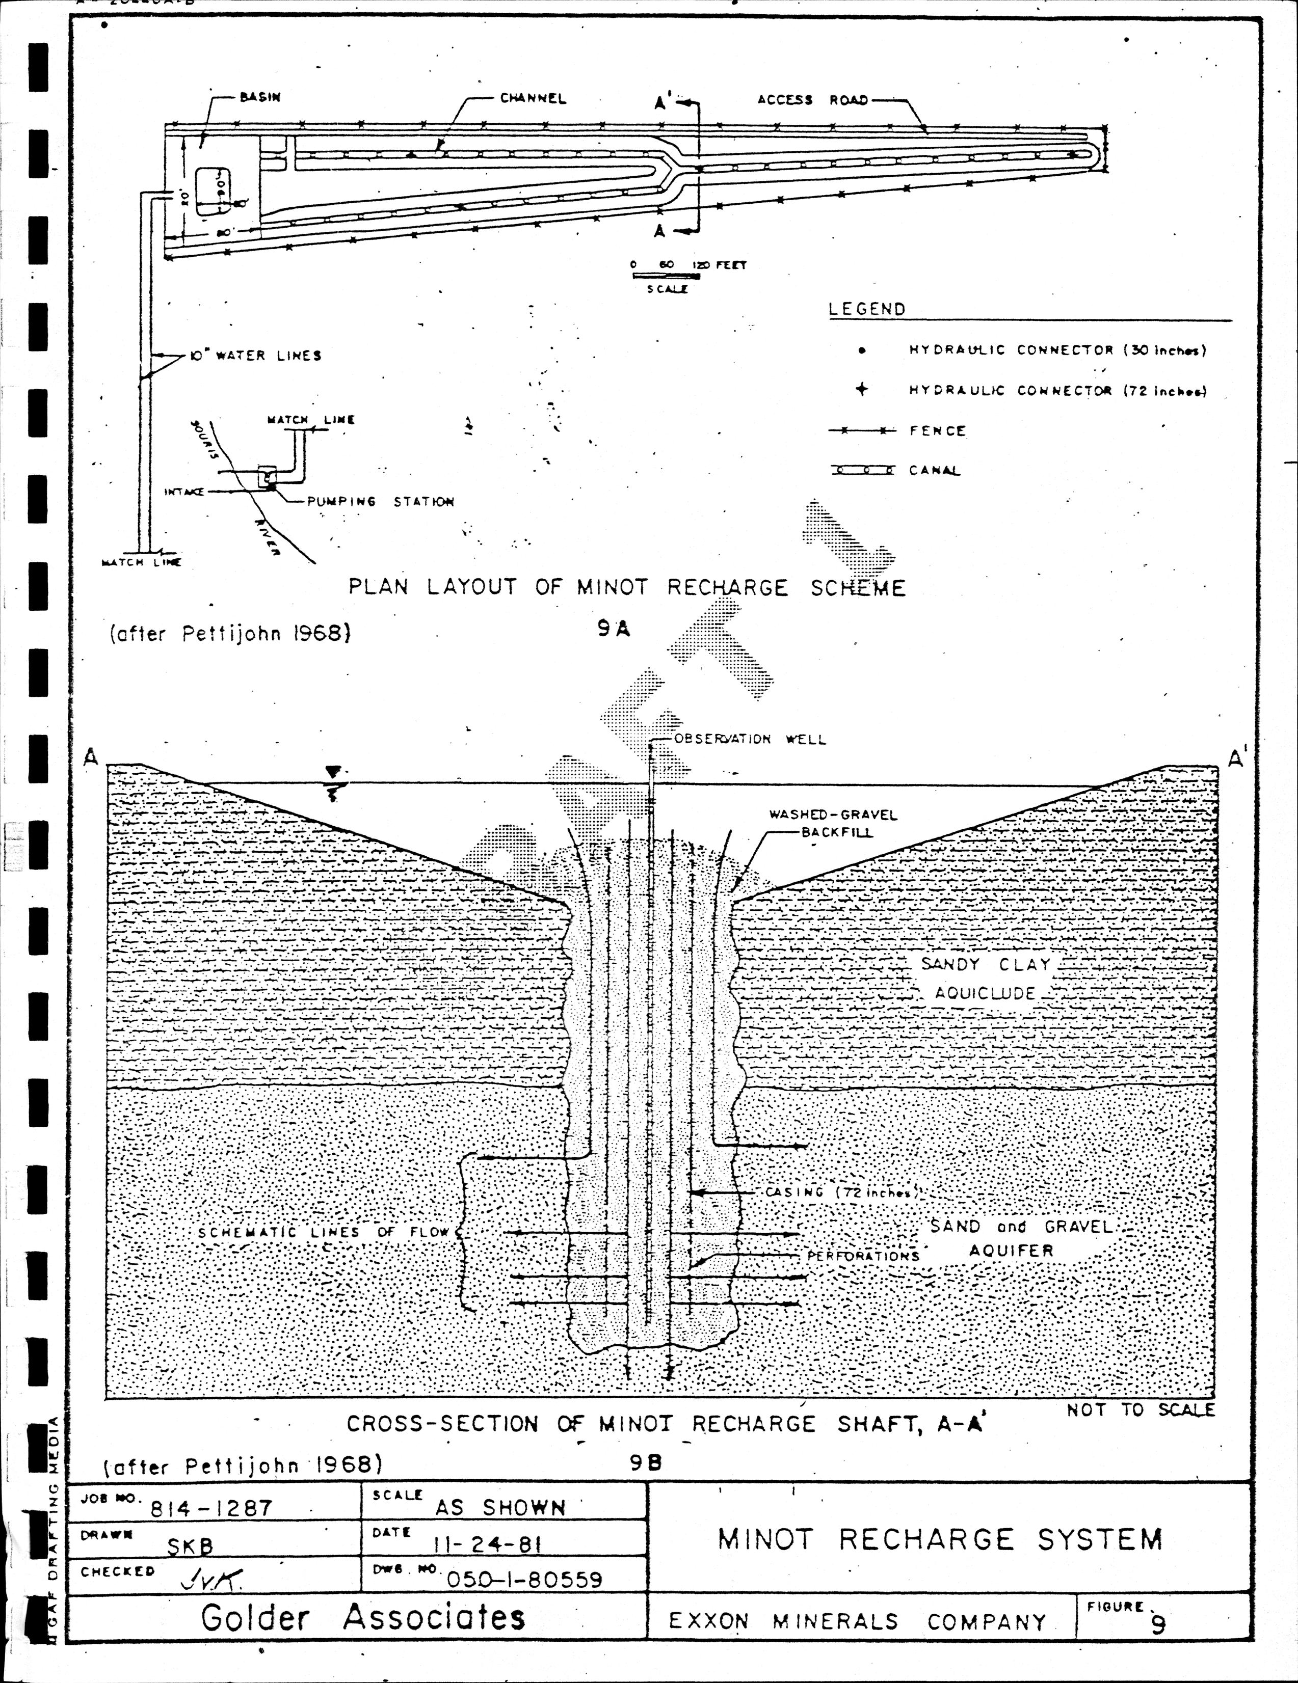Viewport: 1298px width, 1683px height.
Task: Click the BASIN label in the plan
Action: pyautogui.click(x=260, y=98)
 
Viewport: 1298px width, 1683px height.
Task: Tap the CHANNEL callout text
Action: pyautogui.click(x=533, y=99)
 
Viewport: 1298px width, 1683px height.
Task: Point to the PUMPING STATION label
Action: pyautogui.click(x=380, y=502)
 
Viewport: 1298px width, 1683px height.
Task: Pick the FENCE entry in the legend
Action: pyautogui.click(x=937, y=431)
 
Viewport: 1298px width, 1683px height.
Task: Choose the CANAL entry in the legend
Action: pyautogui.click(x=934, y=471)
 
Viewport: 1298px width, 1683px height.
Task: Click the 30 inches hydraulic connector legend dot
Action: pyautogui.click(x=862, y=350)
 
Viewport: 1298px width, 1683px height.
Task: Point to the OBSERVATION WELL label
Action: pyautogui.click(x=749, y=740)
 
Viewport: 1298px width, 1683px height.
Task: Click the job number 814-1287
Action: pyautogui.click(x=211, y=1508)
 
